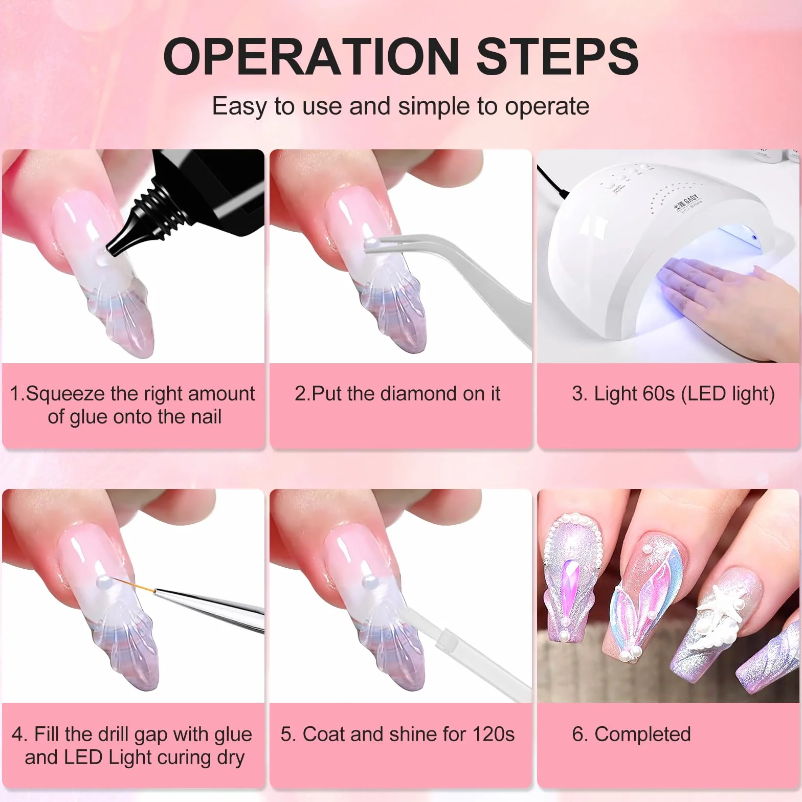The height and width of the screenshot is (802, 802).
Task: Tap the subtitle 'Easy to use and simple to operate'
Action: [x=400, y=106]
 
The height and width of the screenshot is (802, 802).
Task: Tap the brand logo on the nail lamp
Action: [x=687, y=204]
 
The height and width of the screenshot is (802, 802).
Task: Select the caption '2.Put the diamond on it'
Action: [x=397, y=394]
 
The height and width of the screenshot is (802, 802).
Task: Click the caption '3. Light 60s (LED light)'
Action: [x=673, y=394]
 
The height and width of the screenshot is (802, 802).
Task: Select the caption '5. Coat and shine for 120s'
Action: [x=397, y=734]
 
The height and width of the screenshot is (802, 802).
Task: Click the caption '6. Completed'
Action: [x=631, y=734]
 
